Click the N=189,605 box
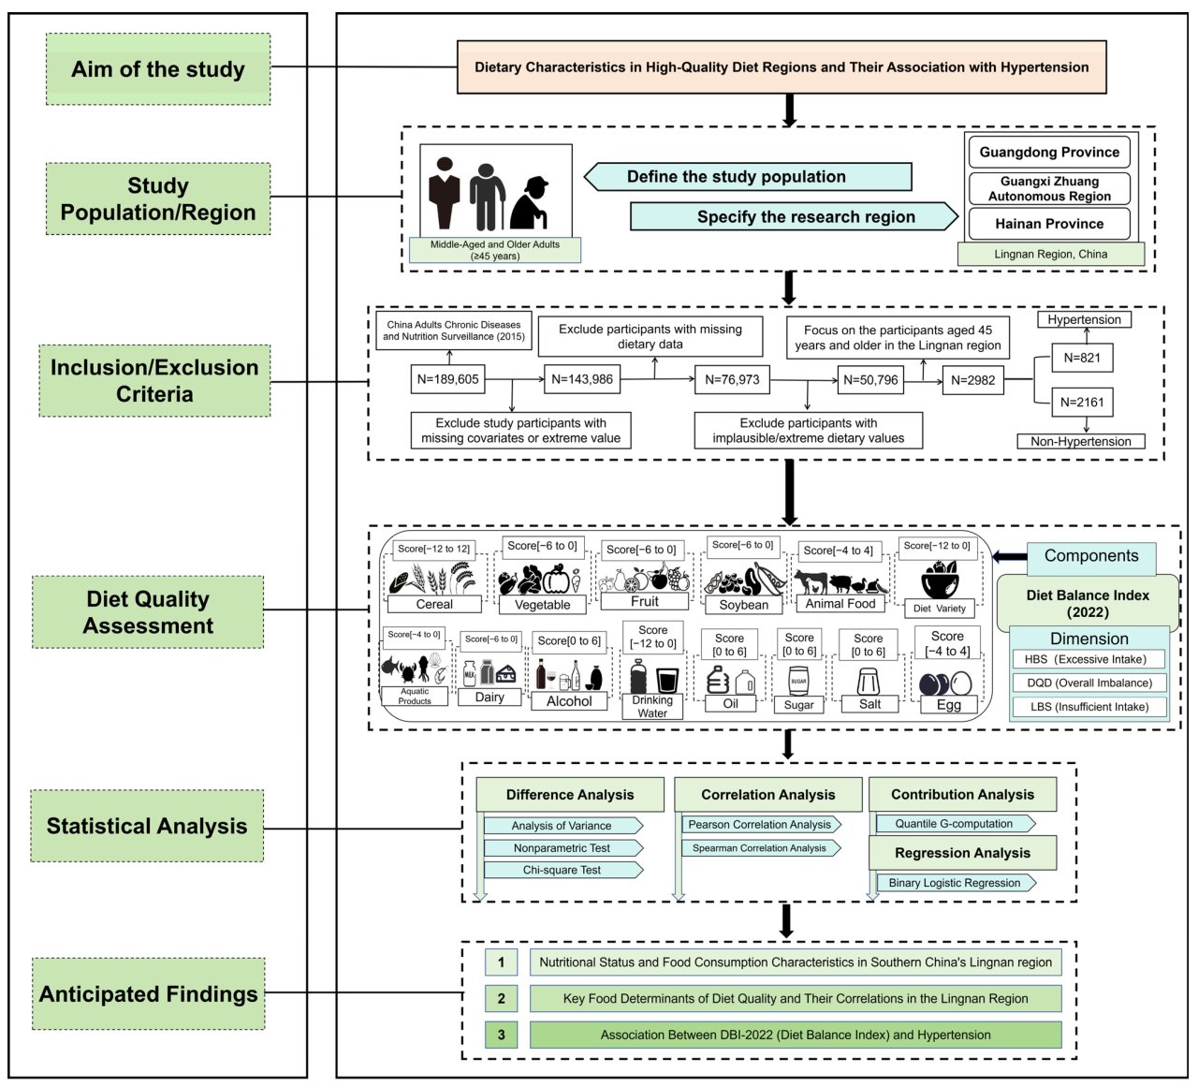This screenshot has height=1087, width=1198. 447,379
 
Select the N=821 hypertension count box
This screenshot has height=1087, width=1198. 1082,358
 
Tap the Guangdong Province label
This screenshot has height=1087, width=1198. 1049,152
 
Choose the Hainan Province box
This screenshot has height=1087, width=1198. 1049,224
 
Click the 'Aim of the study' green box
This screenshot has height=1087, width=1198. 158,69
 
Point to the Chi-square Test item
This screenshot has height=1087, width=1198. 562,870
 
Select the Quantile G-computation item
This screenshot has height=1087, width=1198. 954,824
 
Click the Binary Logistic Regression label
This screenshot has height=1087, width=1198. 954,883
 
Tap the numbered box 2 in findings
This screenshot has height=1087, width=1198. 501,998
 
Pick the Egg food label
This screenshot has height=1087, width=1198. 948,705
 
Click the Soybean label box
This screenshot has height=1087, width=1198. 744,605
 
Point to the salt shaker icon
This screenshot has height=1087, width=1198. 869,682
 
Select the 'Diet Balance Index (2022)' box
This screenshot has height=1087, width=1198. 1088,604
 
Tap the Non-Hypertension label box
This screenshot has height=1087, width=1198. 1081,441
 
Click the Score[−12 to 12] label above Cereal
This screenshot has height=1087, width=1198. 433,549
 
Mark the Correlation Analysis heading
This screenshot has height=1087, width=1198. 767,795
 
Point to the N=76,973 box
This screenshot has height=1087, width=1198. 732,379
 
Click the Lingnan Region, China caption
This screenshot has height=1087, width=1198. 1050,254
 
